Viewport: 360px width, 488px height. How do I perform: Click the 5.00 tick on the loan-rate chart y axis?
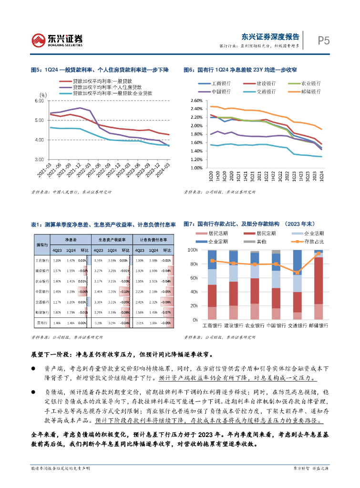[40, 120]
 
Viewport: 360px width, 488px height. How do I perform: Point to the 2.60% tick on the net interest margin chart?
[196, 101]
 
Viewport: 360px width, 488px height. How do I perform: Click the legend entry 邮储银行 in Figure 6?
[311, 91]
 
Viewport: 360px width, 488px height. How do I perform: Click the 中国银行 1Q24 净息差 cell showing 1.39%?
[71, 291]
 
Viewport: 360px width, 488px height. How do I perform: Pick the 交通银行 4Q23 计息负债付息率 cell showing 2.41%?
[139, 302]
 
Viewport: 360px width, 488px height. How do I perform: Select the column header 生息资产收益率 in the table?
[112, 240]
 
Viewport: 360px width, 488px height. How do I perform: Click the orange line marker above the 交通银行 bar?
[297, 273]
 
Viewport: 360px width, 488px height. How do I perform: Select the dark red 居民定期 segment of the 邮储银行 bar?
[318, 280]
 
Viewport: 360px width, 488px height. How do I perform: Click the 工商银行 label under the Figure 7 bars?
[213, 326]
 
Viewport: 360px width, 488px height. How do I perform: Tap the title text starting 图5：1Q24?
[100, 70]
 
